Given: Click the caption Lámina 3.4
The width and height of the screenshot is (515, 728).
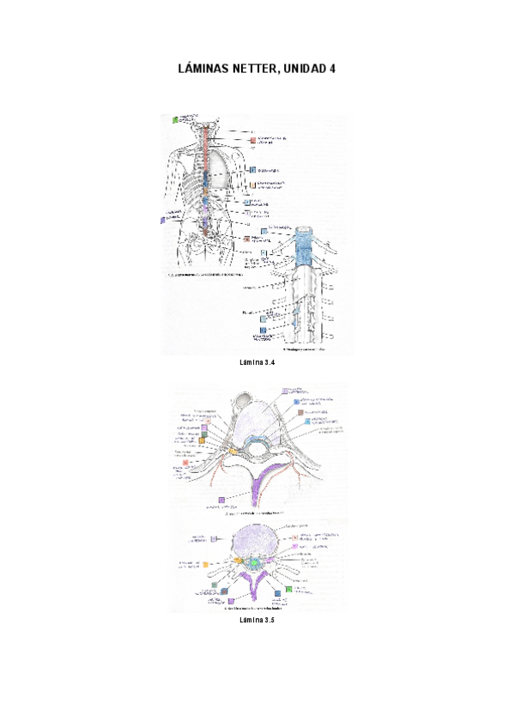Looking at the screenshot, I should pos(257,364).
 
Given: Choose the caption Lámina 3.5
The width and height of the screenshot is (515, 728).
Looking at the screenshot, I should pos(257,620).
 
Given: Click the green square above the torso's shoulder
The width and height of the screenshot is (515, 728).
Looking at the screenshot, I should pos(175,120).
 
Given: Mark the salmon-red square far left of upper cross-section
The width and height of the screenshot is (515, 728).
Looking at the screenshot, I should pos(186,463).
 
